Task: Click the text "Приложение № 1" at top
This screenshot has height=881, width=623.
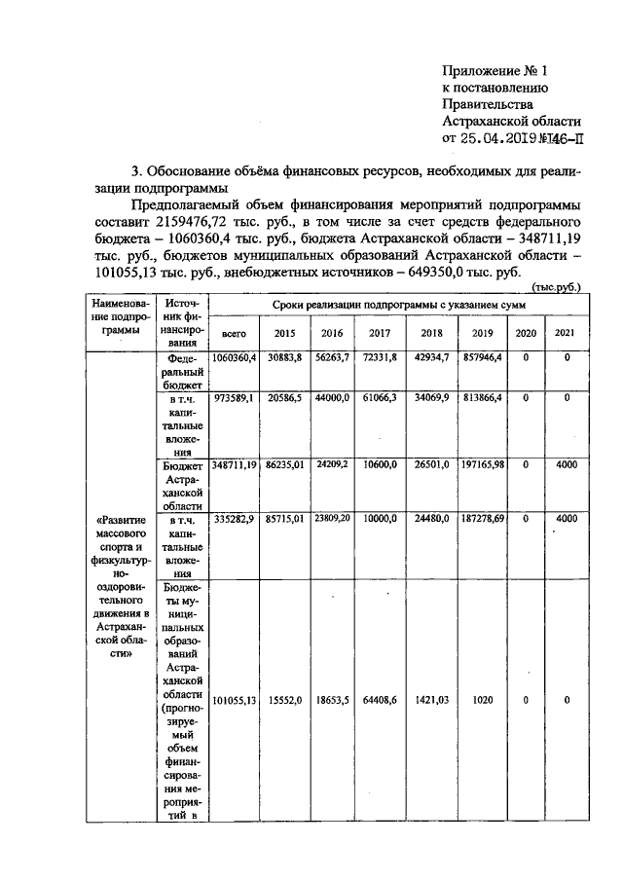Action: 495,71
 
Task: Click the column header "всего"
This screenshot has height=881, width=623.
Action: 234,333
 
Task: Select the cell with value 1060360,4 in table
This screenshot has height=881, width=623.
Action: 234,360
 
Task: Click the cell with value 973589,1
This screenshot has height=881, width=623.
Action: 234,399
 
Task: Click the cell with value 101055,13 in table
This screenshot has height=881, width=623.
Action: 234,700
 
